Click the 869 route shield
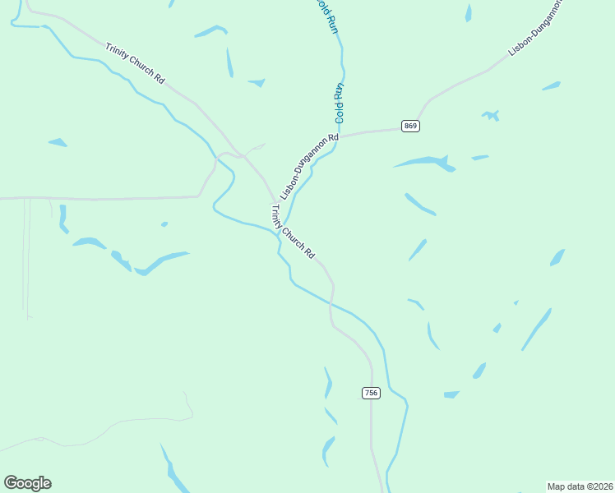[x=411, y=126]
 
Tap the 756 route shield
[x=371, y=393]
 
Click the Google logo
[x=27, y=483]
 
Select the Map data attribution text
[x=580, y=486]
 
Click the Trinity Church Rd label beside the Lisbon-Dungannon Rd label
[x=293, y=233]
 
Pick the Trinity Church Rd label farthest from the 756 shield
[x=136, y=62]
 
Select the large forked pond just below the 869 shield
[x=427, y=162]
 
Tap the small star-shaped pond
[x=491, y=115]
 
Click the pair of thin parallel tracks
[x=27, y=255]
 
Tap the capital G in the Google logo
[x=12, y=483]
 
